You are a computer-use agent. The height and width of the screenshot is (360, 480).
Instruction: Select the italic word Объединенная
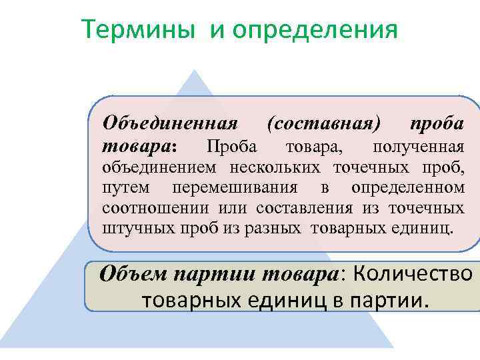point(170,124)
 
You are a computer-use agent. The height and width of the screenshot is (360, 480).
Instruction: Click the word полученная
point(418,146)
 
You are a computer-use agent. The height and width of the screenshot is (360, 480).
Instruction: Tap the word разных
point(266,229)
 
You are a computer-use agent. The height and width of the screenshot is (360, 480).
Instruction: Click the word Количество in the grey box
point(411,274)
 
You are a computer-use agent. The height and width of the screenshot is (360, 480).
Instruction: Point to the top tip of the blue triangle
point(193,71)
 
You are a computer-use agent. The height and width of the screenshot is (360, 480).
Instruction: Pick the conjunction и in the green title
point(218,30)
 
